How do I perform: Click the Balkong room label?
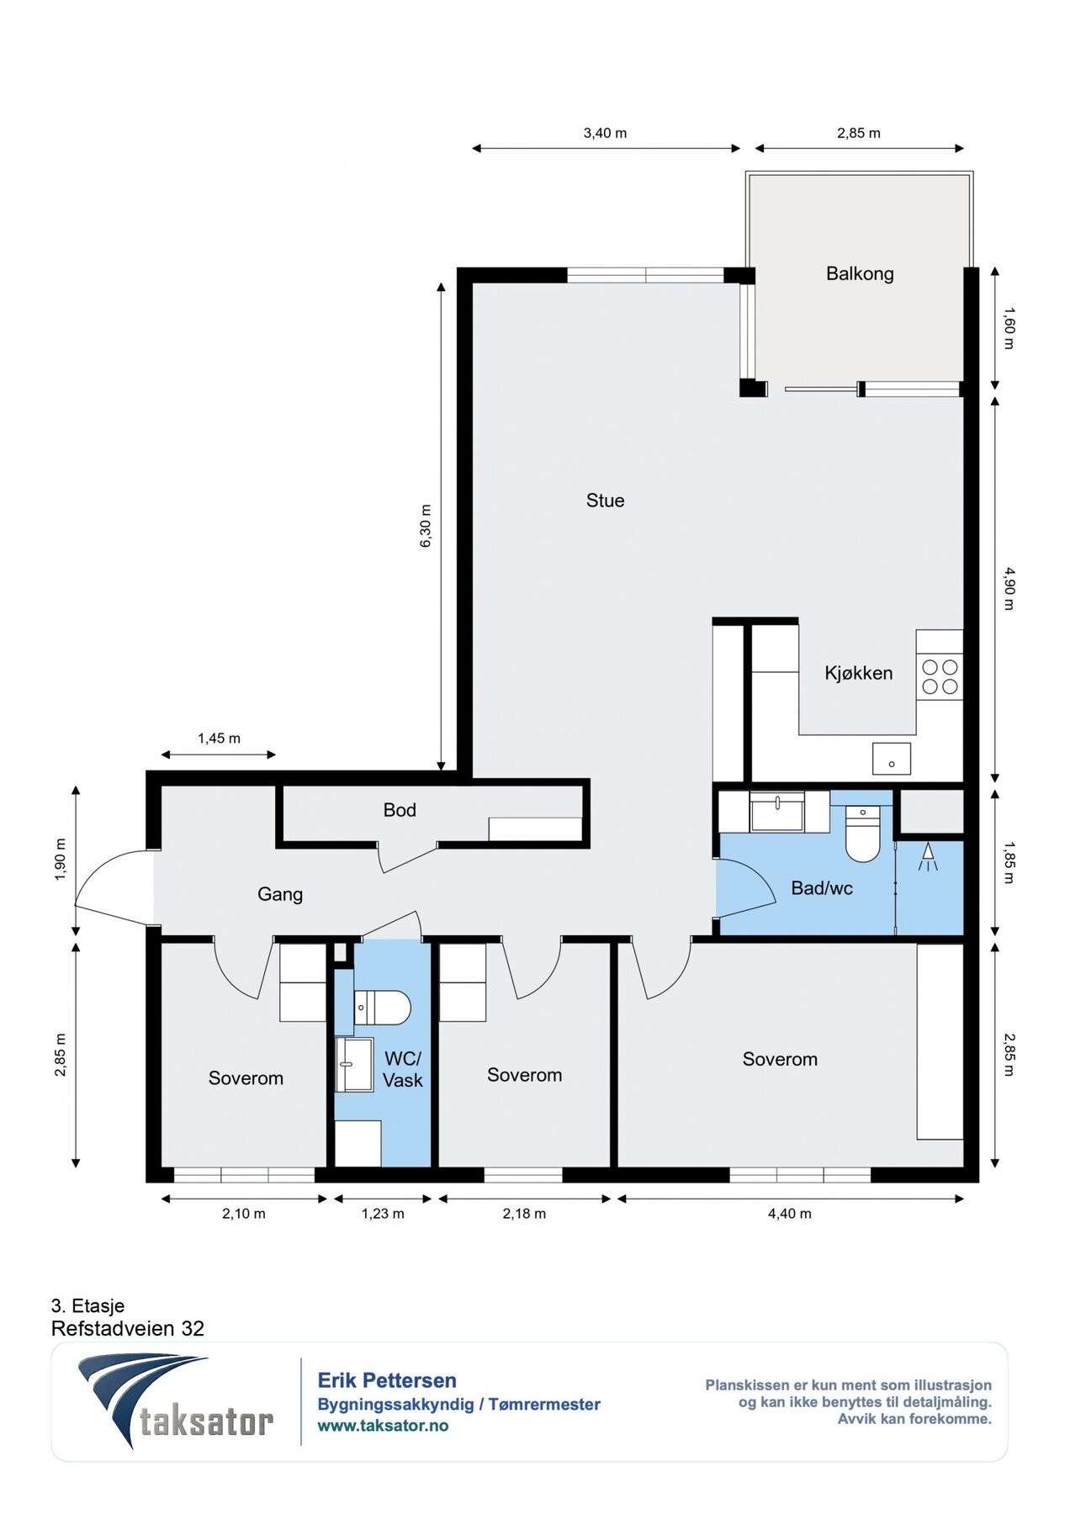859,273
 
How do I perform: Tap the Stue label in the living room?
605,500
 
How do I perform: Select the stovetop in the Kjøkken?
940,677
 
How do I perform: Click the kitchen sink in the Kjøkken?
891,758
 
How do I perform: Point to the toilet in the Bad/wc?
861,834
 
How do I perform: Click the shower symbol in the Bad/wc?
928,857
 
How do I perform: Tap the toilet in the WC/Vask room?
382,1007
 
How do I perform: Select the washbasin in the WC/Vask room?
354,1064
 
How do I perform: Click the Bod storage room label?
400,810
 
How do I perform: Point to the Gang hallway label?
280,894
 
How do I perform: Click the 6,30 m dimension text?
426,527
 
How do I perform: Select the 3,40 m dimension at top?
605,133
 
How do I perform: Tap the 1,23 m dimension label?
383,1214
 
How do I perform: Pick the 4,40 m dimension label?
790,1214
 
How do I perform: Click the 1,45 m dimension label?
219,738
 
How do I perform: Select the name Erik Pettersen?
387,1380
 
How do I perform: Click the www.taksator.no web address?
383,1426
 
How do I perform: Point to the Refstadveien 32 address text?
128,1328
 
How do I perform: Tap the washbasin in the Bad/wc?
777,812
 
